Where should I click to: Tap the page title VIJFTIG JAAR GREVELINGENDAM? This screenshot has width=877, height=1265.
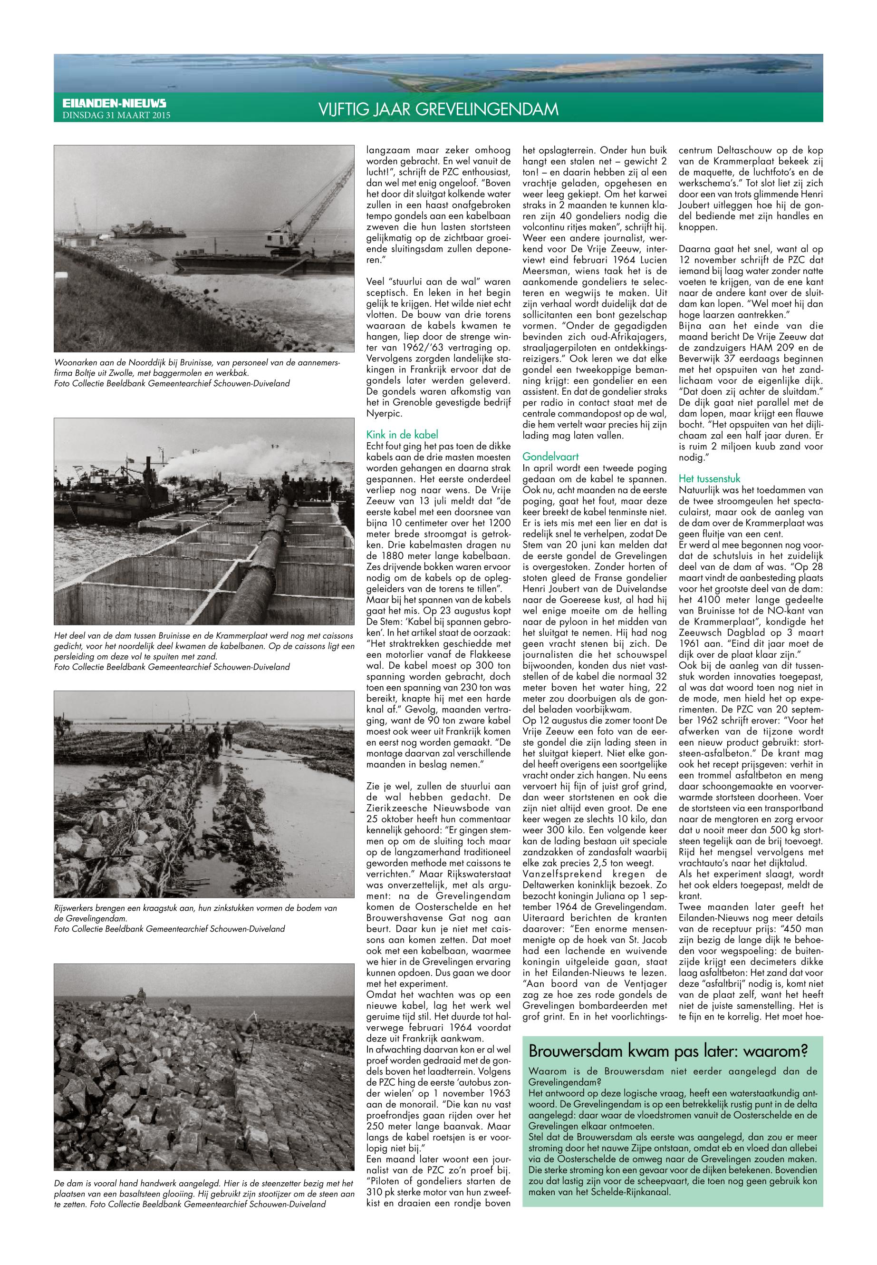438,110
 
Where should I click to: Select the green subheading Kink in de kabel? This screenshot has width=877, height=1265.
402,435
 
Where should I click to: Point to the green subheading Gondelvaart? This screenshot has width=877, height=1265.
550,456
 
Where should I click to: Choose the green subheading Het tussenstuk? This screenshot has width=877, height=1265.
709,478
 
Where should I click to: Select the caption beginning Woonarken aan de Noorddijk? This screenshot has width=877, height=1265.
198,373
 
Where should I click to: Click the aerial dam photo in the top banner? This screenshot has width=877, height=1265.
438,73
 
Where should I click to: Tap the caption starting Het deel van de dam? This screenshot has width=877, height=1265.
203,651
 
